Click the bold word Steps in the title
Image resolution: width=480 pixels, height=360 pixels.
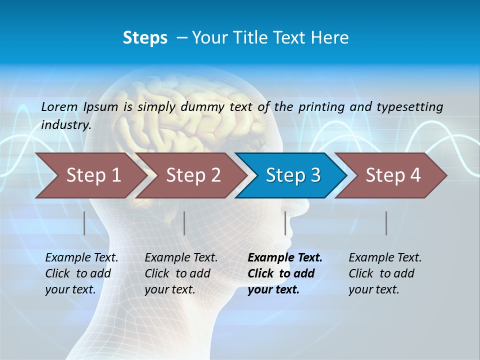[145, 38]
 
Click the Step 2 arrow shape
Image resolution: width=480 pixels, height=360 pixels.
[190, 175]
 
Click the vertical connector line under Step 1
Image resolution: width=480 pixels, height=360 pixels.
[84, 223]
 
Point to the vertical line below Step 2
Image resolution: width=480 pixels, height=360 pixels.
[184, 223]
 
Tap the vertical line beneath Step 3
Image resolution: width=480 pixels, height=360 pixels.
[285, 223]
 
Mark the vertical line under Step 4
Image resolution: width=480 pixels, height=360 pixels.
[386, 223]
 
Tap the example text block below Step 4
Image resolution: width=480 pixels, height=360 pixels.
[385, 273]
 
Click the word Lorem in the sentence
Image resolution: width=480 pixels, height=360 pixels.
[59, 107]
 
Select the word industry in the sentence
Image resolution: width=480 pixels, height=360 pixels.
[65, 125]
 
